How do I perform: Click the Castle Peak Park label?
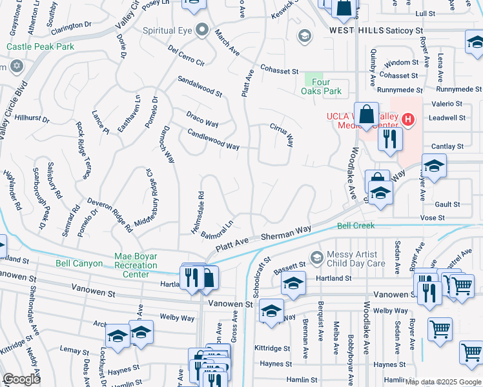[x=40, y=46]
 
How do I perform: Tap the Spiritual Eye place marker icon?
[x=203, y=30]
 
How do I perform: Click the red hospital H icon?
[x=407, y=119]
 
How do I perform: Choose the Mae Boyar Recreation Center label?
[x=136, y=265]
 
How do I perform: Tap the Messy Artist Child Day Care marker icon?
[x=316, y=258]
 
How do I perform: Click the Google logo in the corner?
[x=22, y=379]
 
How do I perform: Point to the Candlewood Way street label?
[x=213, y=139]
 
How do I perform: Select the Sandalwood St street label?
[x=200, y=86]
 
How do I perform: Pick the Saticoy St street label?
[x=404, y=30]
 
